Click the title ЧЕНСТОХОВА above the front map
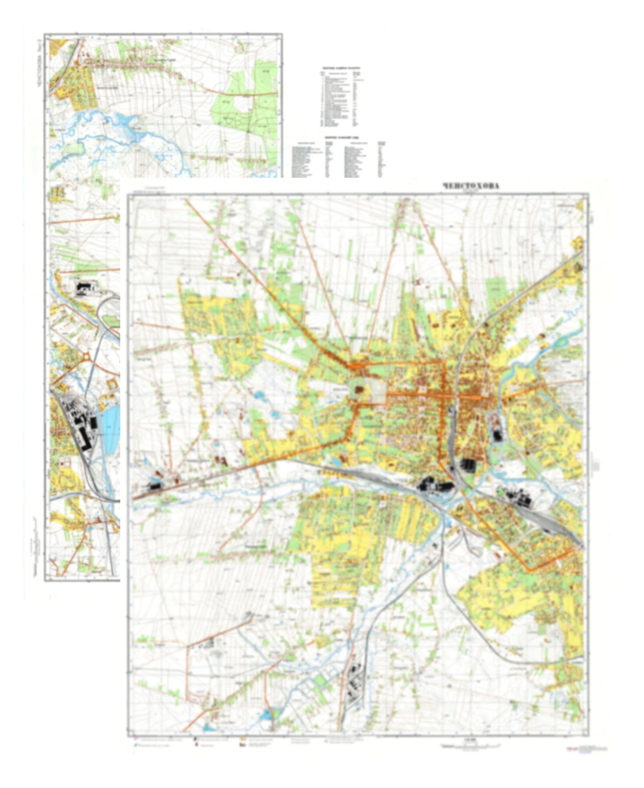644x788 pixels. tap(471, 186)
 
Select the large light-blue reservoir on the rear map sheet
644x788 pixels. tap(111, 428)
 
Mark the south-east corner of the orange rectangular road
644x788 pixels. tap(529, 570)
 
